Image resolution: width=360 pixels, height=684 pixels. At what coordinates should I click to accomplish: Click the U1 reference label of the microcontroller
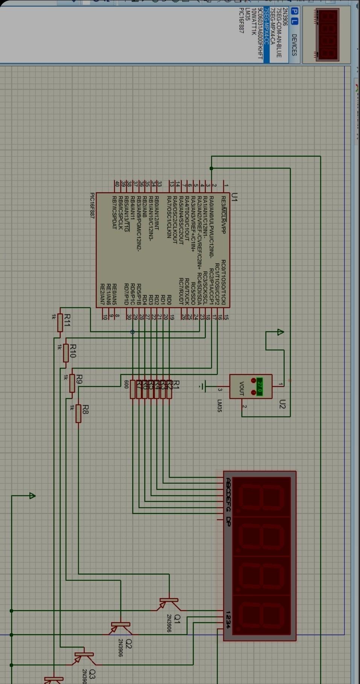point(234,197)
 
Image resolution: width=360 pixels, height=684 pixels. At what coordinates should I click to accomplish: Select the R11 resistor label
point(67,320)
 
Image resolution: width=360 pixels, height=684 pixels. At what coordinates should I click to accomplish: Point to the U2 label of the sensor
point(283,405)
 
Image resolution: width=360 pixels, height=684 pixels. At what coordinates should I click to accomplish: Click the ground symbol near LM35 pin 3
point(203,386)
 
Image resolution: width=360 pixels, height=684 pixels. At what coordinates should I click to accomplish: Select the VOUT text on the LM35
point(242,388)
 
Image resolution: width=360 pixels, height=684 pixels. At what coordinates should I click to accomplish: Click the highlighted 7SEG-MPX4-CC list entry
point(266,26)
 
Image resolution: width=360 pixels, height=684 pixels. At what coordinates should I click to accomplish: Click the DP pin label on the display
point(228,521)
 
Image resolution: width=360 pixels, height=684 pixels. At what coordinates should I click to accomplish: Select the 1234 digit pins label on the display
point(228,620)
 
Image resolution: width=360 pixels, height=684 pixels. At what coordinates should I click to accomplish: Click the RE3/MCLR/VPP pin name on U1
point(223,215)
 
